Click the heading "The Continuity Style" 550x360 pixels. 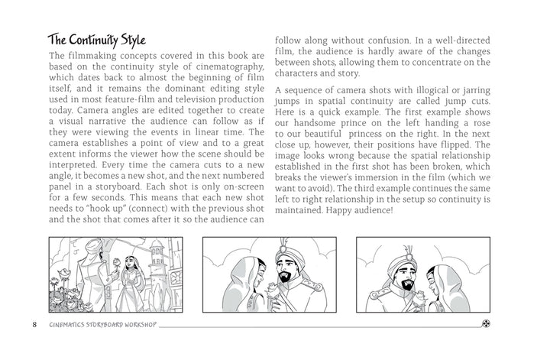click(x=98, y=39)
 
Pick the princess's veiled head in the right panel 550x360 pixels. click(x=447, y=271)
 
